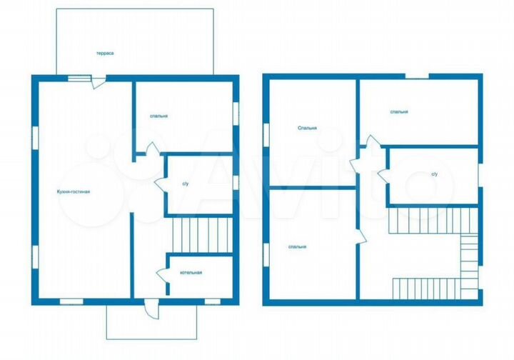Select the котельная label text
pos(191,273)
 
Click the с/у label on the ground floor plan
pos(186,184)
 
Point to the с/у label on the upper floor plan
pos(434,174)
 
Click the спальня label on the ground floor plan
pos(158,116)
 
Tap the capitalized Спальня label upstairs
pos(308,129)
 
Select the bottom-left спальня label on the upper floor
pos(298,246)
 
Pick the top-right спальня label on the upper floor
pos(399,111)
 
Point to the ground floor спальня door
pos(151,149)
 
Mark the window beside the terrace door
pos(79,78)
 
